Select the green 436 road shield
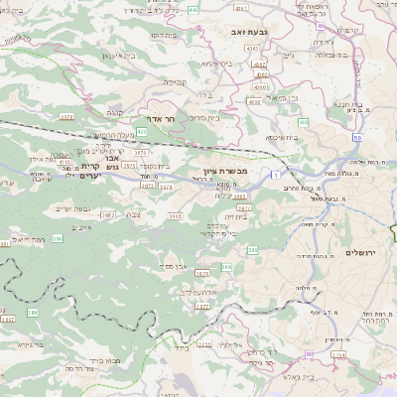pyautogui.click(x=302, y=122)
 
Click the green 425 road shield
pyautogui.click(x=142, y=130)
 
